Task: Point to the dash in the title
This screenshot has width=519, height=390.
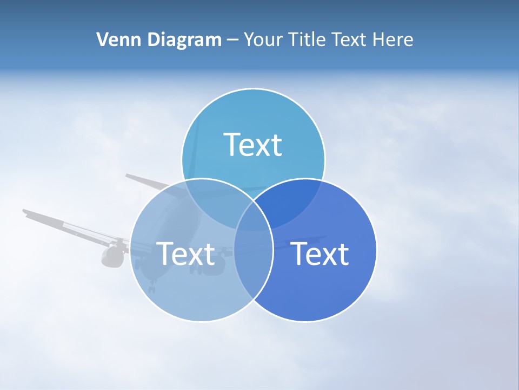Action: pyautogui.click(x=232, y=40)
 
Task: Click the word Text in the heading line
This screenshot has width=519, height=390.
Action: pyautogui.click(x=350, y=40)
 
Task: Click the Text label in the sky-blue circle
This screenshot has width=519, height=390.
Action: pyautogui.click(x=253, y=145)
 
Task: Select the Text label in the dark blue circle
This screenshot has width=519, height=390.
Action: pyautogui.click(x=320, y=253)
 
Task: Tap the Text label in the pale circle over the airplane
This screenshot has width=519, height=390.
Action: pyautogui.click(x=185, y=253)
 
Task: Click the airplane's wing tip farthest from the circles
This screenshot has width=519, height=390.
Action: pyautogui.click(x=26, y=212)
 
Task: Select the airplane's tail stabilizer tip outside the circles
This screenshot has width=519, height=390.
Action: pyautogui.click(x=129, y=176)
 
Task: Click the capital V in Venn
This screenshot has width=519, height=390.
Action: pyautogui.click(x=102, y=40)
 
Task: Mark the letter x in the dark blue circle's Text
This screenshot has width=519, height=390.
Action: pyautogui.click(x=327, y=256)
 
